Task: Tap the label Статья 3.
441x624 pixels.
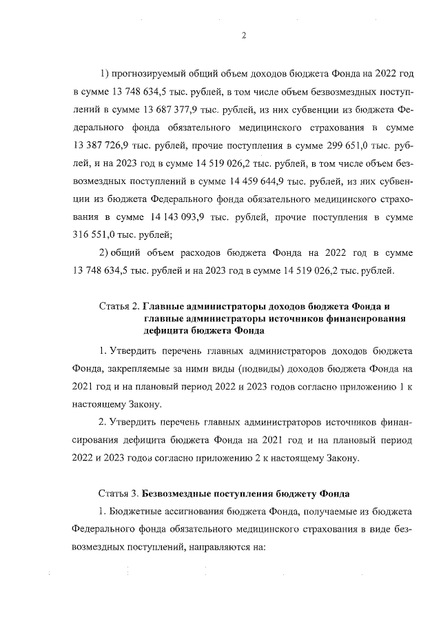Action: pos(120,494)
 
